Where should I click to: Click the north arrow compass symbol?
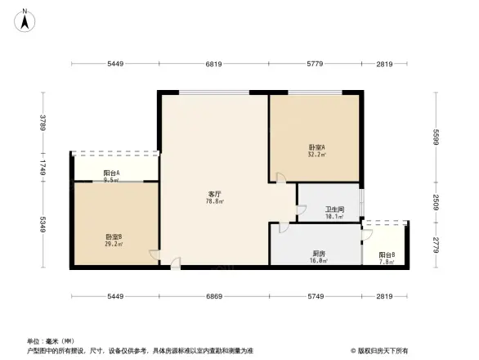(x=25, y=17)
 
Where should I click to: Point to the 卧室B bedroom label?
(x=114, y=237)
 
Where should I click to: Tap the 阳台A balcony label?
(x=113, y=173)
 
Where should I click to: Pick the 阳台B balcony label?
(x=387, y=255)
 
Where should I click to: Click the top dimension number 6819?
(x=214, y=64)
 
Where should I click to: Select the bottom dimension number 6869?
(x=214, y=296)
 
